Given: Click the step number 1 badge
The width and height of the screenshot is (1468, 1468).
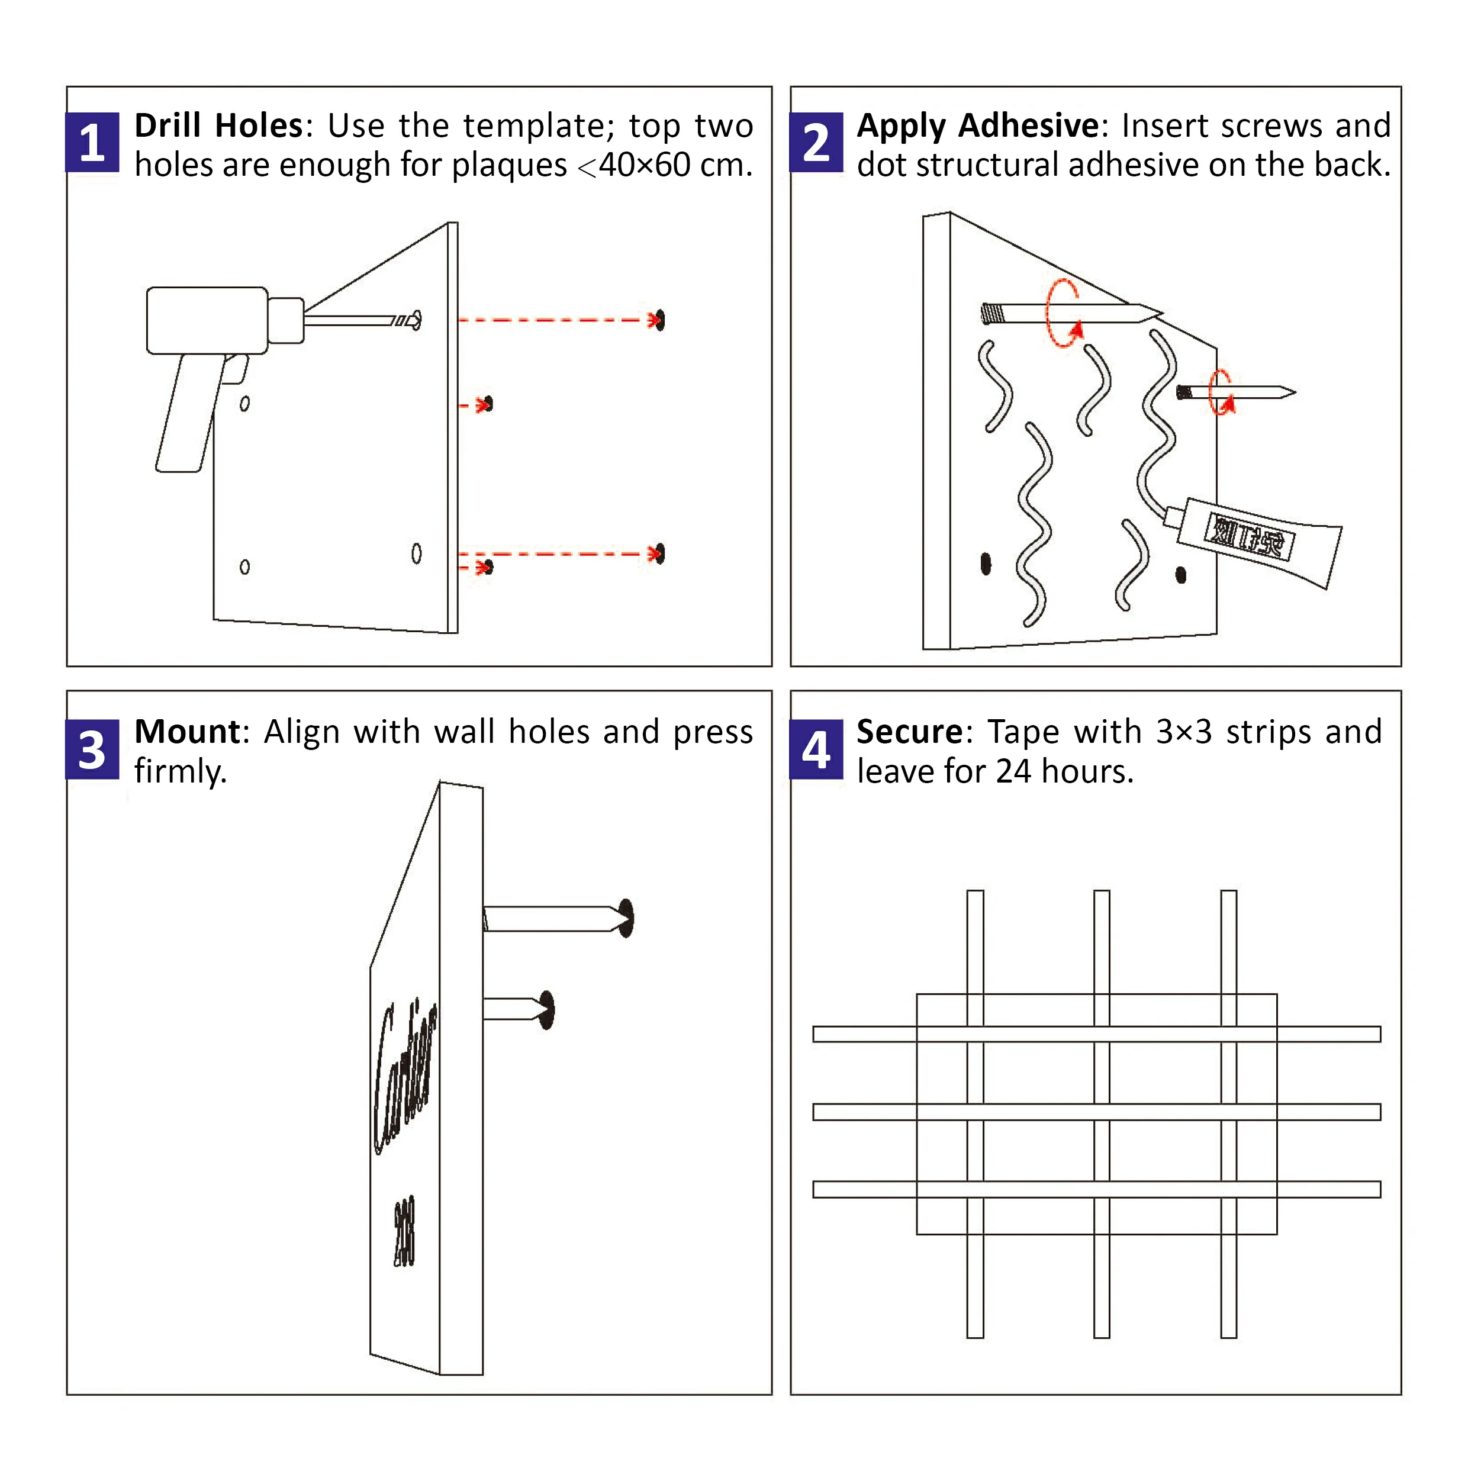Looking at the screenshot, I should coord(92,142).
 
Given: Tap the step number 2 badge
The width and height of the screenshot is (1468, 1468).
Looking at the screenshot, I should coord(816,142).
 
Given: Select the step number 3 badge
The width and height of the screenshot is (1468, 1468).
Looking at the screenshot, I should coord(92,749).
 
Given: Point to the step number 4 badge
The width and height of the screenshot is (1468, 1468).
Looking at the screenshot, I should coord(816,749).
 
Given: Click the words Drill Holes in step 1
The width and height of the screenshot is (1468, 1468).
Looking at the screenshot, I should coord(219,125).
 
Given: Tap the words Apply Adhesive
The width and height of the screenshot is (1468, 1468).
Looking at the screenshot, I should coord(977,125).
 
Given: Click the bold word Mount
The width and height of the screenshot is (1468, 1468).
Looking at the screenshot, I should coord(187,732).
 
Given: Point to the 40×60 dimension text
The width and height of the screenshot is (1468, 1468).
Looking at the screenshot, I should coord(645,165).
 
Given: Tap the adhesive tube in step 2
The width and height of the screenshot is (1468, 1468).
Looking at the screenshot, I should coord(1257,542).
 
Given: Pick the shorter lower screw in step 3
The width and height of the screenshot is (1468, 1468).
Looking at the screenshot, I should coord(517,1009).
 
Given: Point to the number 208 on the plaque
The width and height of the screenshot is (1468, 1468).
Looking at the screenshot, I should coord(404,1232).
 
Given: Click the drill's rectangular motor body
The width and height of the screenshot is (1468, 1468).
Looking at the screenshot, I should coord(207,320).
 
